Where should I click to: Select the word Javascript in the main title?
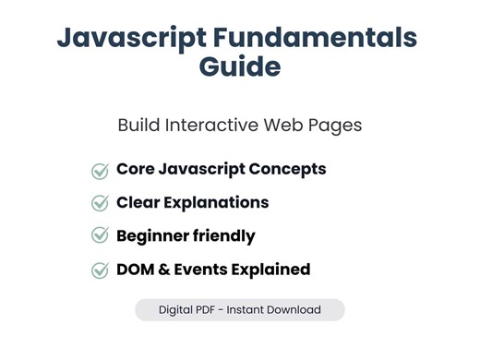[x=128, y=39]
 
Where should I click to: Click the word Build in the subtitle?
[x=139, y=125]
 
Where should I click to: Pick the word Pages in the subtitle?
[x=332, y=125]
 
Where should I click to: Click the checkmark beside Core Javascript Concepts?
[x=100, y=171]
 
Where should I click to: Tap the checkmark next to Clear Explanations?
[x=100, y=203]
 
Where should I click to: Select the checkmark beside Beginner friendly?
[x=100, y=236]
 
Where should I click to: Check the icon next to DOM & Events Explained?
[x=100, y=270]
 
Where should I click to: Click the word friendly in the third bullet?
[x=225, y=236]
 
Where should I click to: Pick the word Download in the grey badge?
[x=292, y=310]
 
